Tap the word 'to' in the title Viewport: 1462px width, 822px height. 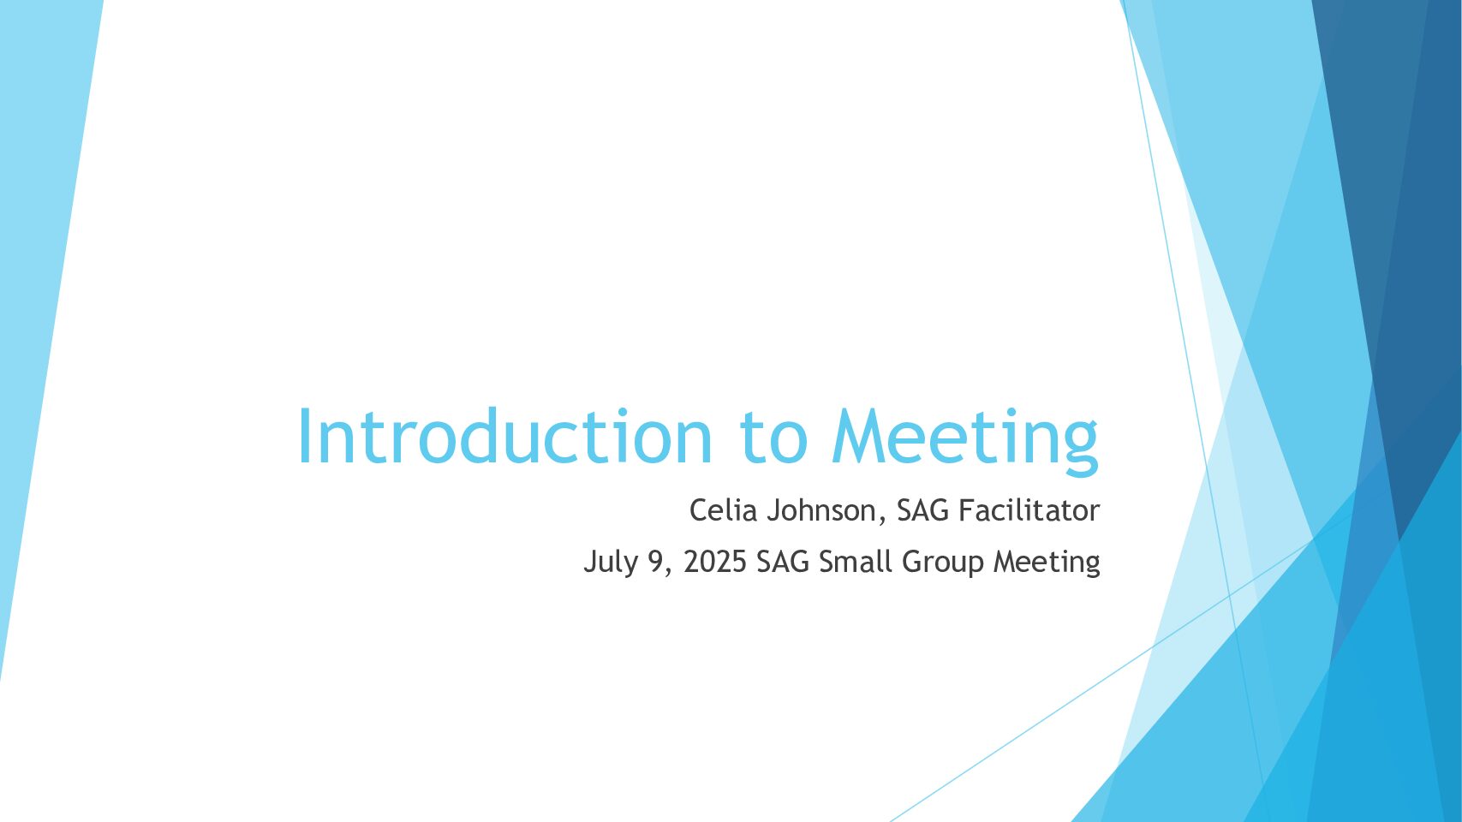pyautogui.click(x=773, y=437)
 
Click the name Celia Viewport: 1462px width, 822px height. pyautogui.click(x=723, y=509)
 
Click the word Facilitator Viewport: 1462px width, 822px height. pyautogui.click(x=1029, y=509)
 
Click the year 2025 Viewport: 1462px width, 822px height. pyautogui.click(x=714, y=562)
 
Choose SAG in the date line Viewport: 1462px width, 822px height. pyautogui.click(x=783, y=562)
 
